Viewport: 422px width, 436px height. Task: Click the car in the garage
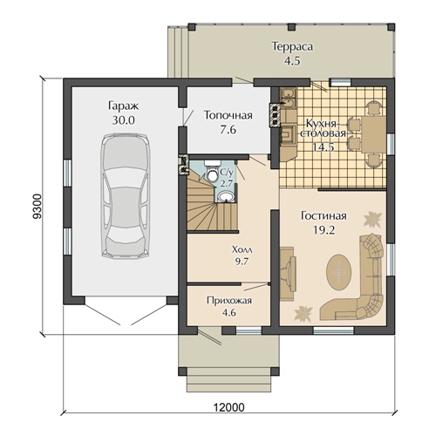(126, 195)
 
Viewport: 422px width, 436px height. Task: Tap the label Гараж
(124, 106)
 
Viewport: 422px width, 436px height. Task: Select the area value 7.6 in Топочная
(228, 130)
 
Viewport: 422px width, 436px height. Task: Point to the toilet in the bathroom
(212, 172)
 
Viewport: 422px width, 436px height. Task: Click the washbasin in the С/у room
(227, 197)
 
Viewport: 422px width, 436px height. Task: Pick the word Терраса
(292, 47)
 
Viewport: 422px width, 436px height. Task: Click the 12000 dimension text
(229, 407)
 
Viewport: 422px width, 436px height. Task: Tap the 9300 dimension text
(37, 206)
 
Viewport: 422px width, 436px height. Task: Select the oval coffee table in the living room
(338, 272)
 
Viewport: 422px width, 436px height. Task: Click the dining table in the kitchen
(373, 134)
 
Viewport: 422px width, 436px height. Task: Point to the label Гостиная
(323, 216)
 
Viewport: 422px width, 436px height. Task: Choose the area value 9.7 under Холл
(242, 262)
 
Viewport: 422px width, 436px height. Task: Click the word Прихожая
(229, 301)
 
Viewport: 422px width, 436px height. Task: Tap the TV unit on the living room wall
(288, 273)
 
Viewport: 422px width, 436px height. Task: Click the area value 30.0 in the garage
(124, 120)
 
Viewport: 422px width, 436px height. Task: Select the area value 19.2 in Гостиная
(324, 230)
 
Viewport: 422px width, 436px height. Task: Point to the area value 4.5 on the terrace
(292, 61)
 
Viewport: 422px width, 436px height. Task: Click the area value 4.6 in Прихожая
(229, 313)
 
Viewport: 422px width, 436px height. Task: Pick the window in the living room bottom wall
(334, 330)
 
